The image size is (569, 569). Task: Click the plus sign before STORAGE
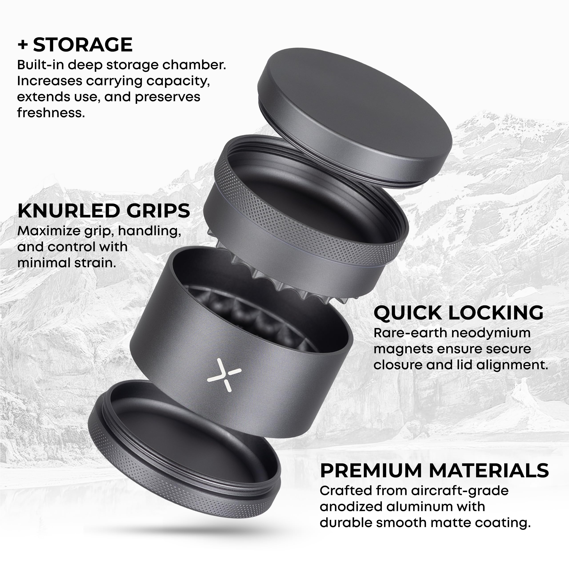(x=23, y=45)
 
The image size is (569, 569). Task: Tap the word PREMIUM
(x=371, y=470)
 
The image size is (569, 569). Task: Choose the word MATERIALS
(x=489, y=470)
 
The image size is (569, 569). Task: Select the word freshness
(x=51, y=112)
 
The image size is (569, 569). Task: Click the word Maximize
(x=49, y=231)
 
